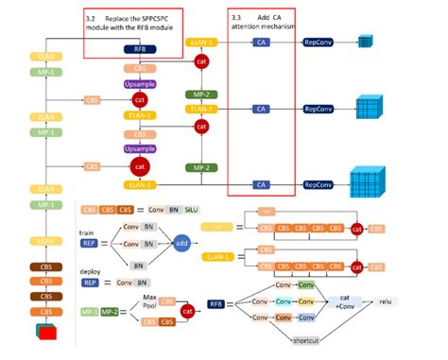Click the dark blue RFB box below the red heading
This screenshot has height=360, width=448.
[x=139, y=48]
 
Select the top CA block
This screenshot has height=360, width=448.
[x=261, y=43]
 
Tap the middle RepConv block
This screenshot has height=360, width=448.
[x=319, y=109]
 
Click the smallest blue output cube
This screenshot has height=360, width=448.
[x=366, y=42]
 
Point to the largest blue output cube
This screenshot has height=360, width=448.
[x=369, y=181]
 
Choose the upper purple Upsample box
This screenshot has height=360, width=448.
[x=139, y=84]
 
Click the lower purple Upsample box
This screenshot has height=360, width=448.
[x=139, y=149]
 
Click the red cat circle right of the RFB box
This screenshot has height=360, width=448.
[x=199, y=60]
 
